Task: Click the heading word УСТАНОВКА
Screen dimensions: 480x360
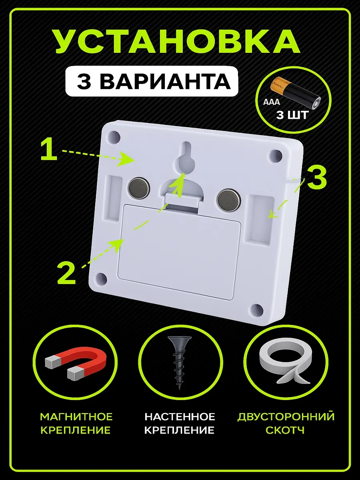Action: (177, 41)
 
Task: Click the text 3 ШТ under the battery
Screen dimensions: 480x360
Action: (292, 116)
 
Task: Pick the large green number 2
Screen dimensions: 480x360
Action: (66, 272)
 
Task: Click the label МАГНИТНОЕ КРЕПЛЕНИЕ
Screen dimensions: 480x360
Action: (76, 423)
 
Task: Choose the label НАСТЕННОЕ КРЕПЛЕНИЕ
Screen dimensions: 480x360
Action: (180, 423)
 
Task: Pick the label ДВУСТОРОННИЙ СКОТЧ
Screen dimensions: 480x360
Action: (286, 423)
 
